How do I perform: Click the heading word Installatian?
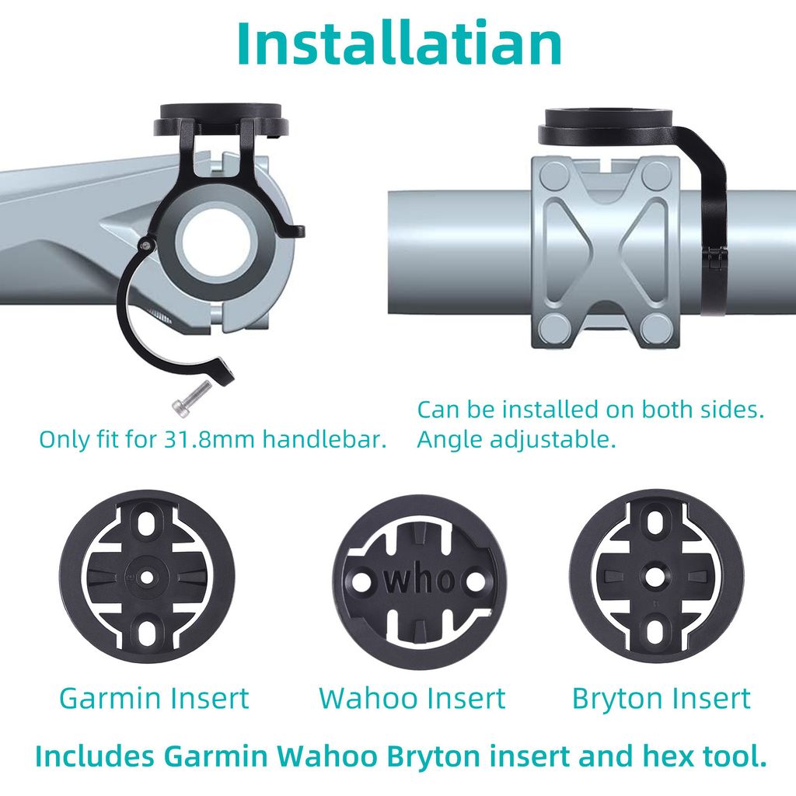400,44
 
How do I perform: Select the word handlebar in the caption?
325,440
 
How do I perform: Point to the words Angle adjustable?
517,440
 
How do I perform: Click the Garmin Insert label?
155,698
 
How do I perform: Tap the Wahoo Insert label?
412,698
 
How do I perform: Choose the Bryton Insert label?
661,698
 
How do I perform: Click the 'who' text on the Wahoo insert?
419,579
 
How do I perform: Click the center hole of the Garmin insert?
146,577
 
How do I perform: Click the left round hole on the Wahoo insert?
362,580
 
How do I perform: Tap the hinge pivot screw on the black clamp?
145,245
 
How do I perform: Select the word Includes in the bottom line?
94,757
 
